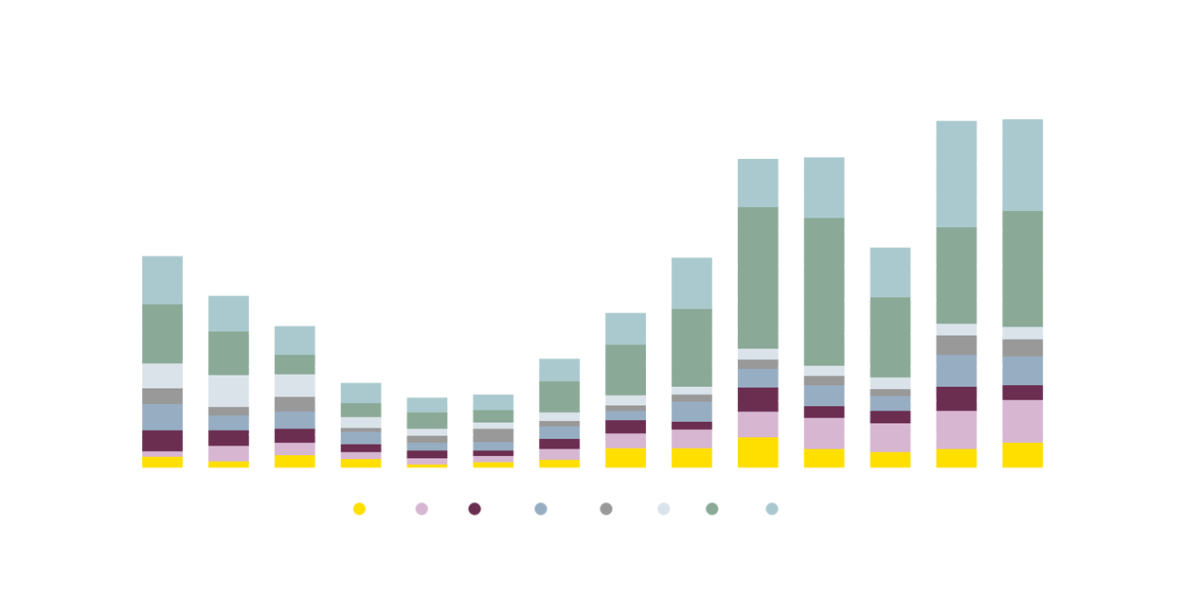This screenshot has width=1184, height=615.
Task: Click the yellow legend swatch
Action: tap(341, 519)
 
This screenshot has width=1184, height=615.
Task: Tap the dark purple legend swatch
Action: tap(475, 506)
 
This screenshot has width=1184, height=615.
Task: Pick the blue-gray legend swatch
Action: tap(540, 506)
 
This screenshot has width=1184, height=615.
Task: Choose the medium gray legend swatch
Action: tap(605, 506)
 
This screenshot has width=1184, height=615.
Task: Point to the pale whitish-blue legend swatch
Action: tap(663, 506)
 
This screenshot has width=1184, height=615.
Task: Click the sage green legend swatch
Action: tap(711, 506)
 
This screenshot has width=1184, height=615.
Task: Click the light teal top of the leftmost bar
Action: tap(162, 273)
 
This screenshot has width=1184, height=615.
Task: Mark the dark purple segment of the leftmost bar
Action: tap(162, 441)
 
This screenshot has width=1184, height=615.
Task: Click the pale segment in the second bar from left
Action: tap(228, 391)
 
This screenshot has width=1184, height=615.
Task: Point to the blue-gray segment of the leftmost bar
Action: tap(162, 417)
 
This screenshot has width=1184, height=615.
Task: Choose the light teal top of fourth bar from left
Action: tap(361, 389)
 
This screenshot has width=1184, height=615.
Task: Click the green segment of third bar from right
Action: tap(890, 337)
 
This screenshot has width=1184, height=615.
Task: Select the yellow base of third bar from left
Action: tap(295, 462)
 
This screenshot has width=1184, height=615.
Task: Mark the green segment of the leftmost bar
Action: tap(162, 333)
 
